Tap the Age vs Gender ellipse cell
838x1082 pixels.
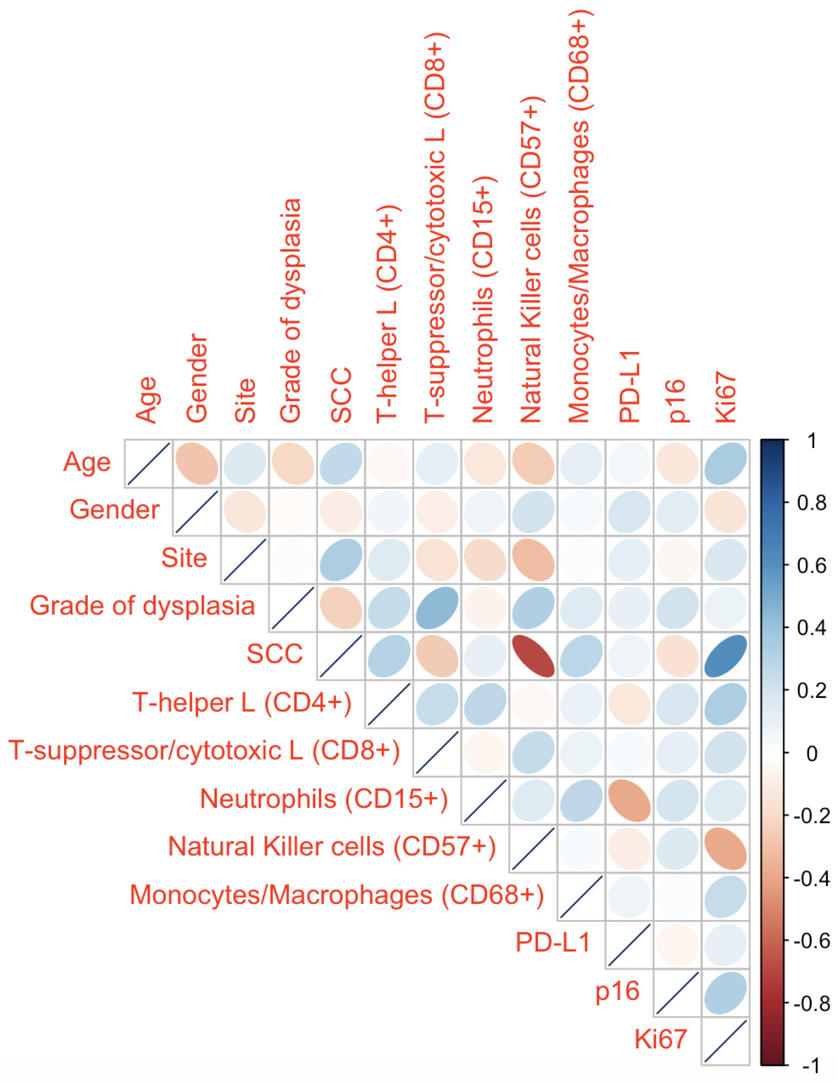[197, 463]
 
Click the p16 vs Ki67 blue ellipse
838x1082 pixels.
[726, 993]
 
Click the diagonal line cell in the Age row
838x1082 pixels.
[148, 463]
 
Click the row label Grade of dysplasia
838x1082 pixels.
[142, 606]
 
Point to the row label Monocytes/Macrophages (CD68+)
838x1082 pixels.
[337, 895]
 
